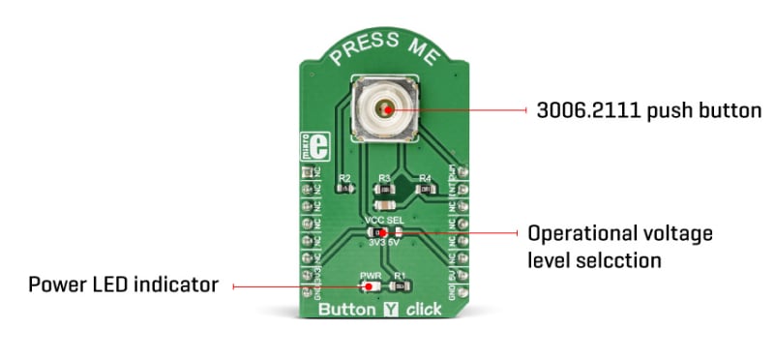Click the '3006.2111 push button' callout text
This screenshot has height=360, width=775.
[649, 110]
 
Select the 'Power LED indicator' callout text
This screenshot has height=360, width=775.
[123, 285]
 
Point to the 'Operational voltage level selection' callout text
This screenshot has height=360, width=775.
[619, 246]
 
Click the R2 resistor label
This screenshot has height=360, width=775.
[344, 178]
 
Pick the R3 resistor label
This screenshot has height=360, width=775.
[384, 178]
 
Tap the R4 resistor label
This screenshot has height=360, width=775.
[423, 178]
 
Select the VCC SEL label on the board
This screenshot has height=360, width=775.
[383, 222]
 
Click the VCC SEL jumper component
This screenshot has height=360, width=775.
[383, 232]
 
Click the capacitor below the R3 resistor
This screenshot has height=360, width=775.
[384, 205]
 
